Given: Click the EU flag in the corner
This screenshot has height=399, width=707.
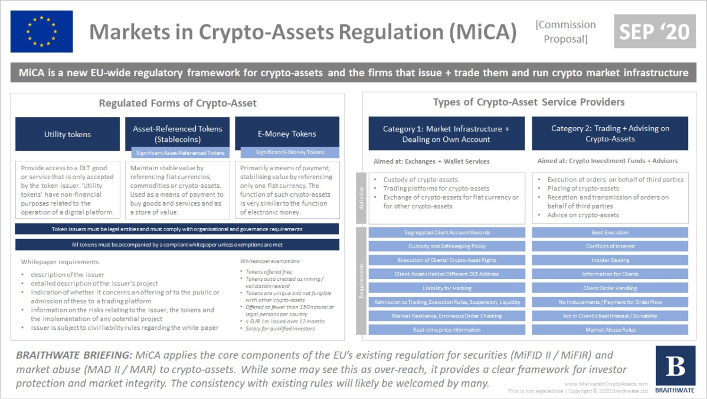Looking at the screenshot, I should tap(41, 31).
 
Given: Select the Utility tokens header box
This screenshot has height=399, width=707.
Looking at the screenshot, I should tap(67, 134).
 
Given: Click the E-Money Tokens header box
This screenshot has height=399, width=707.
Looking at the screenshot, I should tap(287, 134).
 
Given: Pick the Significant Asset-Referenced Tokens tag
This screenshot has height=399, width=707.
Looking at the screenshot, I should tap(180, 153).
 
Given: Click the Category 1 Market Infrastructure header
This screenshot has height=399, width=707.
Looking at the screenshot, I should tap(446, 134).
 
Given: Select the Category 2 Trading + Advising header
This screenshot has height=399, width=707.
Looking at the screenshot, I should tap(610, 134).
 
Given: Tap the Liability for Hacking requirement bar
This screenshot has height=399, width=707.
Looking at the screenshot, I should tap(447, 288).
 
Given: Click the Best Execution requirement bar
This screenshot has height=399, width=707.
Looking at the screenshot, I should tap(610, 232).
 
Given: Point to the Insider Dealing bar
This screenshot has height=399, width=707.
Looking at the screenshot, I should tap(610, 260).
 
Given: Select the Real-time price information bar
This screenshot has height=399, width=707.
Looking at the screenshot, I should tap(447, 329).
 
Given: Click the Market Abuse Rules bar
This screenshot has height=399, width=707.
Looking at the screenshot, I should tap(610, 329).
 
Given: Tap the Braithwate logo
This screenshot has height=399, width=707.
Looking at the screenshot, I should tap(675, 370).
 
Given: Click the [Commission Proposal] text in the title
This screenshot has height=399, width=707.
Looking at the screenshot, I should tap(565, 32).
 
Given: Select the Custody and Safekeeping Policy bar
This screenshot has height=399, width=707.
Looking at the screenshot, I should tap(447, 246).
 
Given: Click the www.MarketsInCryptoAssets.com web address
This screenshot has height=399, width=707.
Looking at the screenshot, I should tap(605, 384).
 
